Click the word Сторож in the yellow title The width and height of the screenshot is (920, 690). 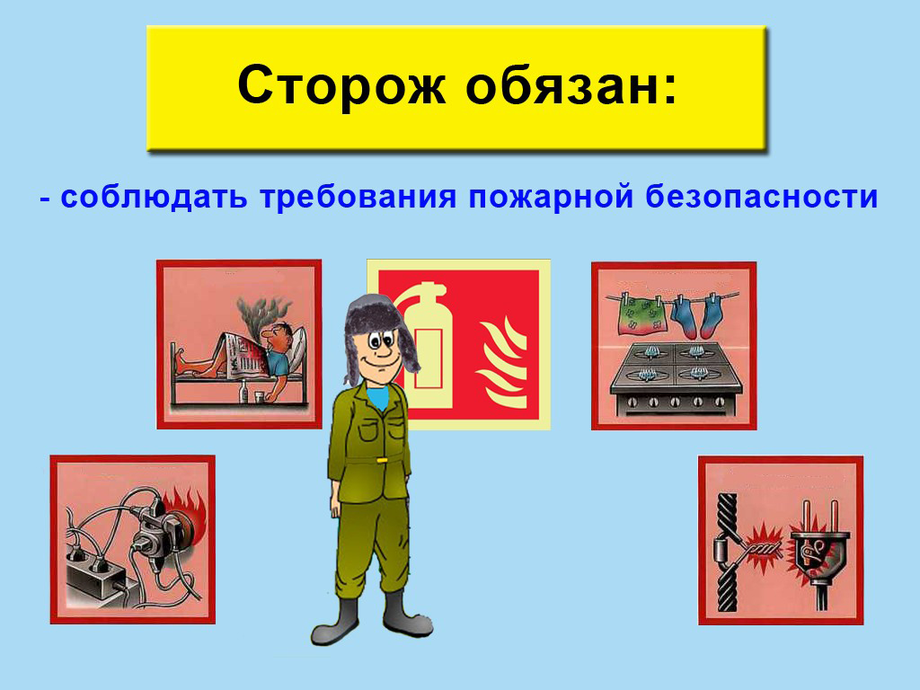click(341, 85)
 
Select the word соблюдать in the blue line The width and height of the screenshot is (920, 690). click(154, 197)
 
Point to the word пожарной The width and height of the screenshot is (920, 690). click(551, 198)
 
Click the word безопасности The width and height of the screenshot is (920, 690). click(762, 197)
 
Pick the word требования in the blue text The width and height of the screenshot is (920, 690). click(358, 198)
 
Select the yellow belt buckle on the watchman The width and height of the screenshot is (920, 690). click(381, 461)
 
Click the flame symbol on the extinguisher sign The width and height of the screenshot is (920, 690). click(501, 363)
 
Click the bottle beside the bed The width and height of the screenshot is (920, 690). click(243, 392)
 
